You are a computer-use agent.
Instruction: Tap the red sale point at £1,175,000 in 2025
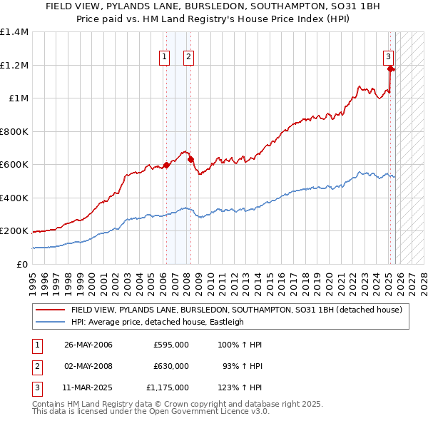click(x=391, y=69)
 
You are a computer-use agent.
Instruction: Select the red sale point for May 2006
click(x=166, y=165)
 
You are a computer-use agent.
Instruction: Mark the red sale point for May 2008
click(x=190, y=159)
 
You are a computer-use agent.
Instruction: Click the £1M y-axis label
click(x=18, y=98)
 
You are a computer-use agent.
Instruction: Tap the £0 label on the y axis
click(x=21, y=264)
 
